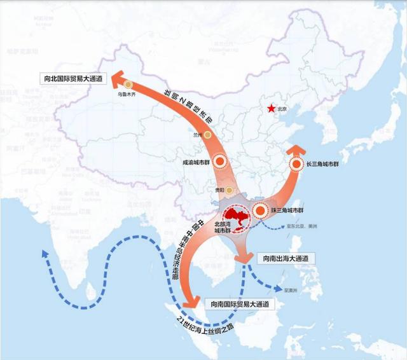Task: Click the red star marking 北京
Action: tap(273, 108)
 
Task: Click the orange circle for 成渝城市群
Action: tap(220, 162)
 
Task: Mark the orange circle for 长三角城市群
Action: tap(296, 164)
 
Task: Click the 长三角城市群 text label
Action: tap(323, 164)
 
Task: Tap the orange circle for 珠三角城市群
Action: tap(261, 212)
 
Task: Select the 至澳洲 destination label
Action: tap(291, 291)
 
